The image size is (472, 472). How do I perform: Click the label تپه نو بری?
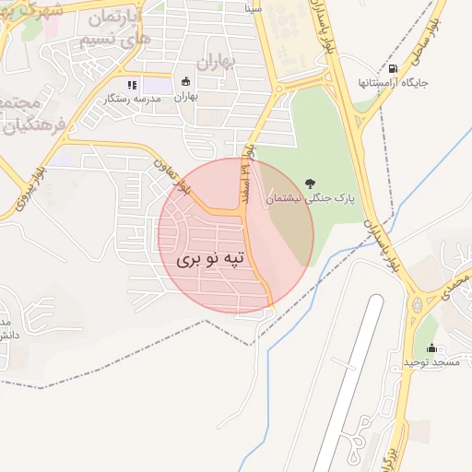coord(212,260)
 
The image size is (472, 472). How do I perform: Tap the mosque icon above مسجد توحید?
coord(431,348)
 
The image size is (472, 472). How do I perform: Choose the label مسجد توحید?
coord(431,362)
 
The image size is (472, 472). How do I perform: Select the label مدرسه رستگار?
coord(128,98)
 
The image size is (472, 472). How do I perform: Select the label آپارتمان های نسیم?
coord(111,28)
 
